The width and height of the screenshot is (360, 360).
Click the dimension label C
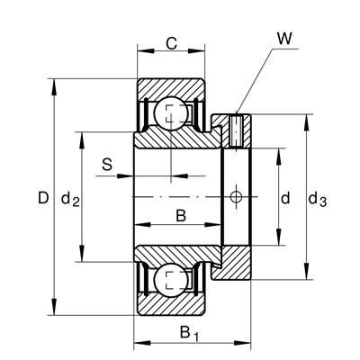coord(172,44)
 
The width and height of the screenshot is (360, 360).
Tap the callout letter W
coord(284,39)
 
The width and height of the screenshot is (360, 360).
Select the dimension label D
coord(43,198)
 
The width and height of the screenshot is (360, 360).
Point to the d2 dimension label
coord(70,200)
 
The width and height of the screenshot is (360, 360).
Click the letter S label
coord(107,165)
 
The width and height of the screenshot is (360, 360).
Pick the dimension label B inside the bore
coord(181,216)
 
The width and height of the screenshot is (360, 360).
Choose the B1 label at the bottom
coord(189,334)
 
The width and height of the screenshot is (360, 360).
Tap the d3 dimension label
coord(318,200)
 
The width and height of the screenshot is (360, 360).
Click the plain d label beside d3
coord(285,198)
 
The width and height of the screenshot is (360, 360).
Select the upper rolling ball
coord(171,113)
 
